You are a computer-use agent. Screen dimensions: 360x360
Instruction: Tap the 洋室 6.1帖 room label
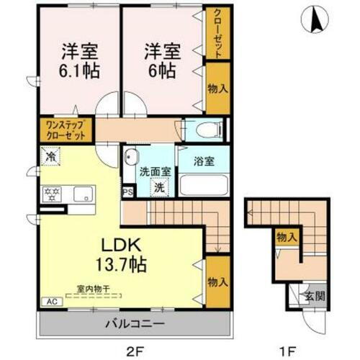[79, 62]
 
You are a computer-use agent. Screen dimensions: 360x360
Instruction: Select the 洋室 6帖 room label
[161, 62]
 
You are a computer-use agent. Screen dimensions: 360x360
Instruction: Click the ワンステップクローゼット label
[65, 130]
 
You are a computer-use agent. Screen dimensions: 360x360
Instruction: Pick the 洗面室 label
[154, 173]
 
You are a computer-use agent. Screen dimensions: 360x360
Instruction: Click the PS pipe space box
[127, 192]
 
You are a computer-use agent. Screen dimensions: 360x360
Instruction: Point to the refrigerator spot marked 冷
[50, 155]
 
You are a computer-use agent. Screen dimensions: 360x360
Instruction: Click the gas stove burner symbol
[51, 193]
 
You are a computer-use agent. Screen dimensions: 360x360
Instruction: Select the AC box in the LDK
[51, 302]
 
